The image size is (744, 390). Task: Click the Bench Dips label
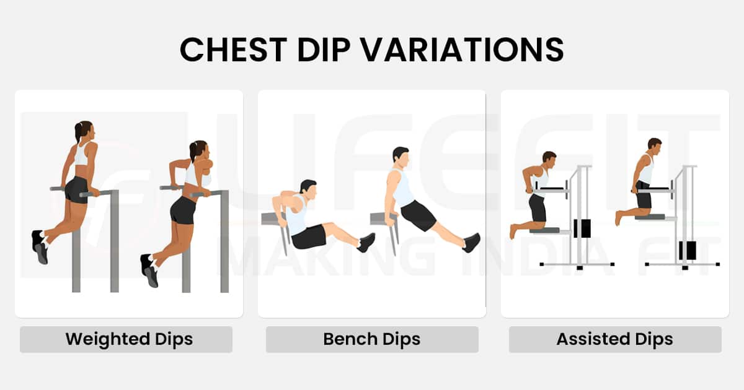[372, 339]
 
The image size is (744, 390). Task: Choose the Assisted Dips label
[614, 339]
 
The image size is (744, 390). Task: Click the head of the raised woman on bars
[84, 131]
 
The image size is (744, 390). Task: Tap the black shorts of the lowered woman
[183, 210]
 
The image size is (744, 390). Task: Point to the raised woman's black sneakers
[40, 246]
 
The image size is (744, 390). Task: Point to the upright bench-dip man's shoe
[472, 242]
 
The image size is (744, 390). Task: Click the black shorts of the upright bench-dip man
[418, 214]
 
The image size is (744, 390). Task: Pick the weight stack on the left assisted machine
[582, 228]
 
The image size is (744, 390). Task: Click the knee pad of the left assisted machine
[544, 230]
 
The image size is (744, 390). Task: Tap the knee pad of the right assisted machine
[649, 217]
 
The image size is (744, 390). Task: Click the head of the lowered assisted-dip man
[549, 158]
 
